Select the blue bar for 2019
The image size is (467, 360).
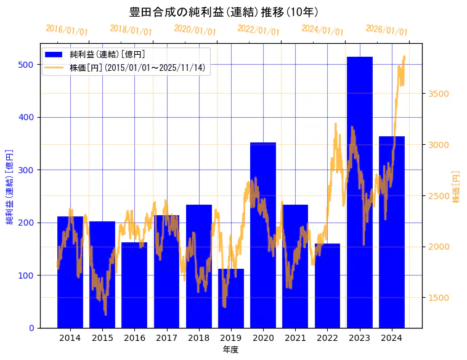(231, 298)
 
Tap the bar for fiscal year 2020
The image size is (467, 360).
(263, 235)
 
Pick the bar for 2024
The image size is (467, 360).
(392, 232)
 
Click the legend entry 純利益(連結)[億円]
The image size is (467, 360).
(107, 55)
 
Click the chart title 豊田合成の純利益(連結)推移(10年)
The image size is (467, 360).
(224, 12)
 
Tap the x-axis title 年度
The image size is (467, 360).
(230, 350)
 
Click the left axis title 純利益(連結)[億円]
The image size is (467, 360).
(10, 187)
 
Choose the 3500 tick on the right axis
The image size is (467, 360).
(439, 94)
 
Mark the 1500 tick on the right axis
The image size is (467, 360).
(439, 298)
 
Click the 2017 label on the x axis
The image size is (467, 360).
(166, 338)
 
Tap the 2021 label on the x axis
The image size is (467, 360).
(295, 338)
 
